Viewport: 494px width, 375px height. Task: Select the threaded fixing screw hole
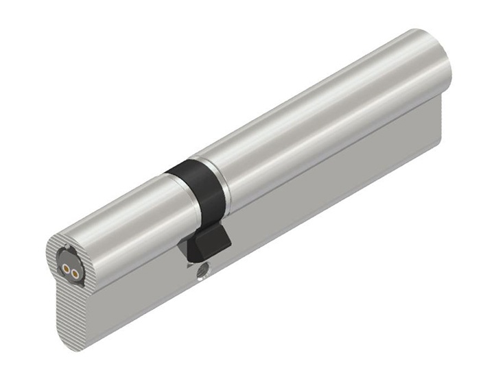202,273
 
